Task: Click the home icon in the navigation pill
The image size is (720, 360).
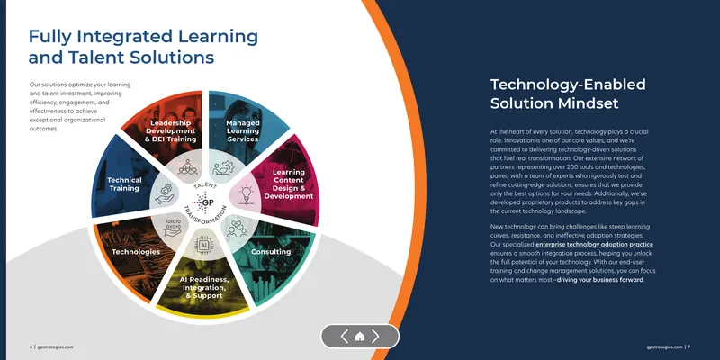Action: pyautogui.click(x=360, y=337)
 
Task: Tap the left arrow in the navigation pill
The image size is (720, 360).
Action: pyautogui.click(x=345, y=337)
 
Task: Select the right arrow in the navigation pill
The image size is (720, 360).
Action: pyautogui.click(x=375, y=337)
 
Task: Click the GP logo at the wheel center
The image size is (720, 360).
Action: pyautogui.click(x=204, y=202)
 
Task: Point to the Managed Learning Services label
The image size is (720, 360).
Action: pyautogui.click(x=243, y=130)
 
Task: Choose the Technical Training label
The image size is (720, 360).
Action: pyautogui.click(x=124, y=184)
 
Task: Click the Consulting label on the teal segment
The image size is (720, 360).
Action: pyautogui.click(x=271, y=252)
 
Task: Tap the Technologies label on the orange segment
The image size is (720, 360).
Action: pyautogui.click(x=136, y=252)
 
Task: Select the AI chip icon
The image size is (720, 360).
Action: pyautogui.click(x=202, y=245)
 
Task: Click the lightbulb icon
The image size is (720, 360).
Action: pyautogui.click(x=247, y=194)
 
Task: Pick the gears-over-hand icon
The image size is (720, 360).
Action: pyautogui.click(x=164, y=194)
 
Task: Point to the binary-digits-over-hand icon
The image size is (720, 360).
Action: pyautogui.click(x=173, y=228)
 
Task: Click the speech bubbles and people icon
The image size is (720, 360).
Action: pyautogui.click(x=237, y=229)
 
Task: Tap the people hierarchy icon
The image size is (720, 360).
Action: pyautogui.click(x=187, y=167)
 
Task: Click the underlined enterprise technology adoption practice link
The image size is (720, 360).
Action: pyautogui.click(x=595, y=245)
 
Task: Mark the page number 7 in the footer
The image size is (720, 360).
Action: pyautogui.click(x=689, y=347)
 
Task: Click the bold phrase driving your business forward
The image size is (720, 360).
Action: pyautogui.click(x=600, y=280)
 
